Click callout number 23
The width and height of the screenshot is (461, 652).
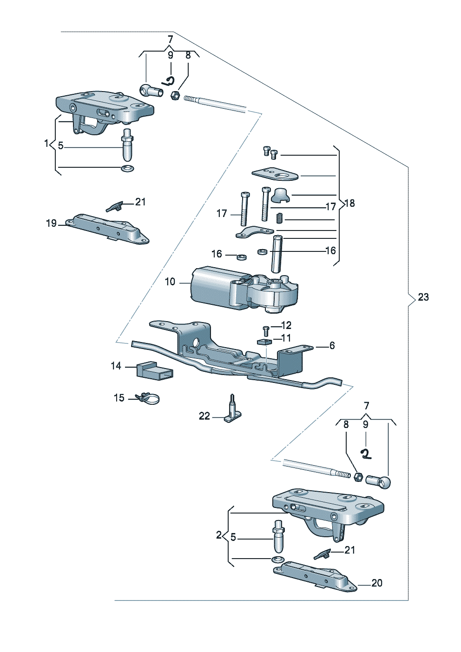click(423, 297)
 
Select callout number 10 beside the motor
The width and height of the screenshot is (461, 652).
click(170, 282)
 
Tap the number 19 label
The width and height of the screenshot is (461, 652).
click(51, 224)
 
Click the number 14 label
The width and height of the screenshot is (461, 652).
click(116, 366)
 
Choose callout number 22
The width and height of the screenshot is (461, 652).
click(204, 416)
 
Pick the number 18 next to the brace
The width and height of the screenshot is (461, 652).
click(350, 203)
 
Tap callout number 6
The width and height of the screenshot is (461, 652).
click(332, 345)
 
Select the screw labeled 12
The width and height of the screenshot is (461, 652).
click(266, 329)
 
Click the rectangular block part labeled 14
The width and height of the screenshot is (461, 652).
click(154, 371)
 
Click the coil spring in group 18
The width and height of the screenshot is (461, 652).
click(279, 218)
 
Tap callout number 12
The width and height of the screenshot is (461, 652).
click(286, 325)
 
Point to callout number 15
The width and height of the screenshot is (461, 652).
click(119, 398)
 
